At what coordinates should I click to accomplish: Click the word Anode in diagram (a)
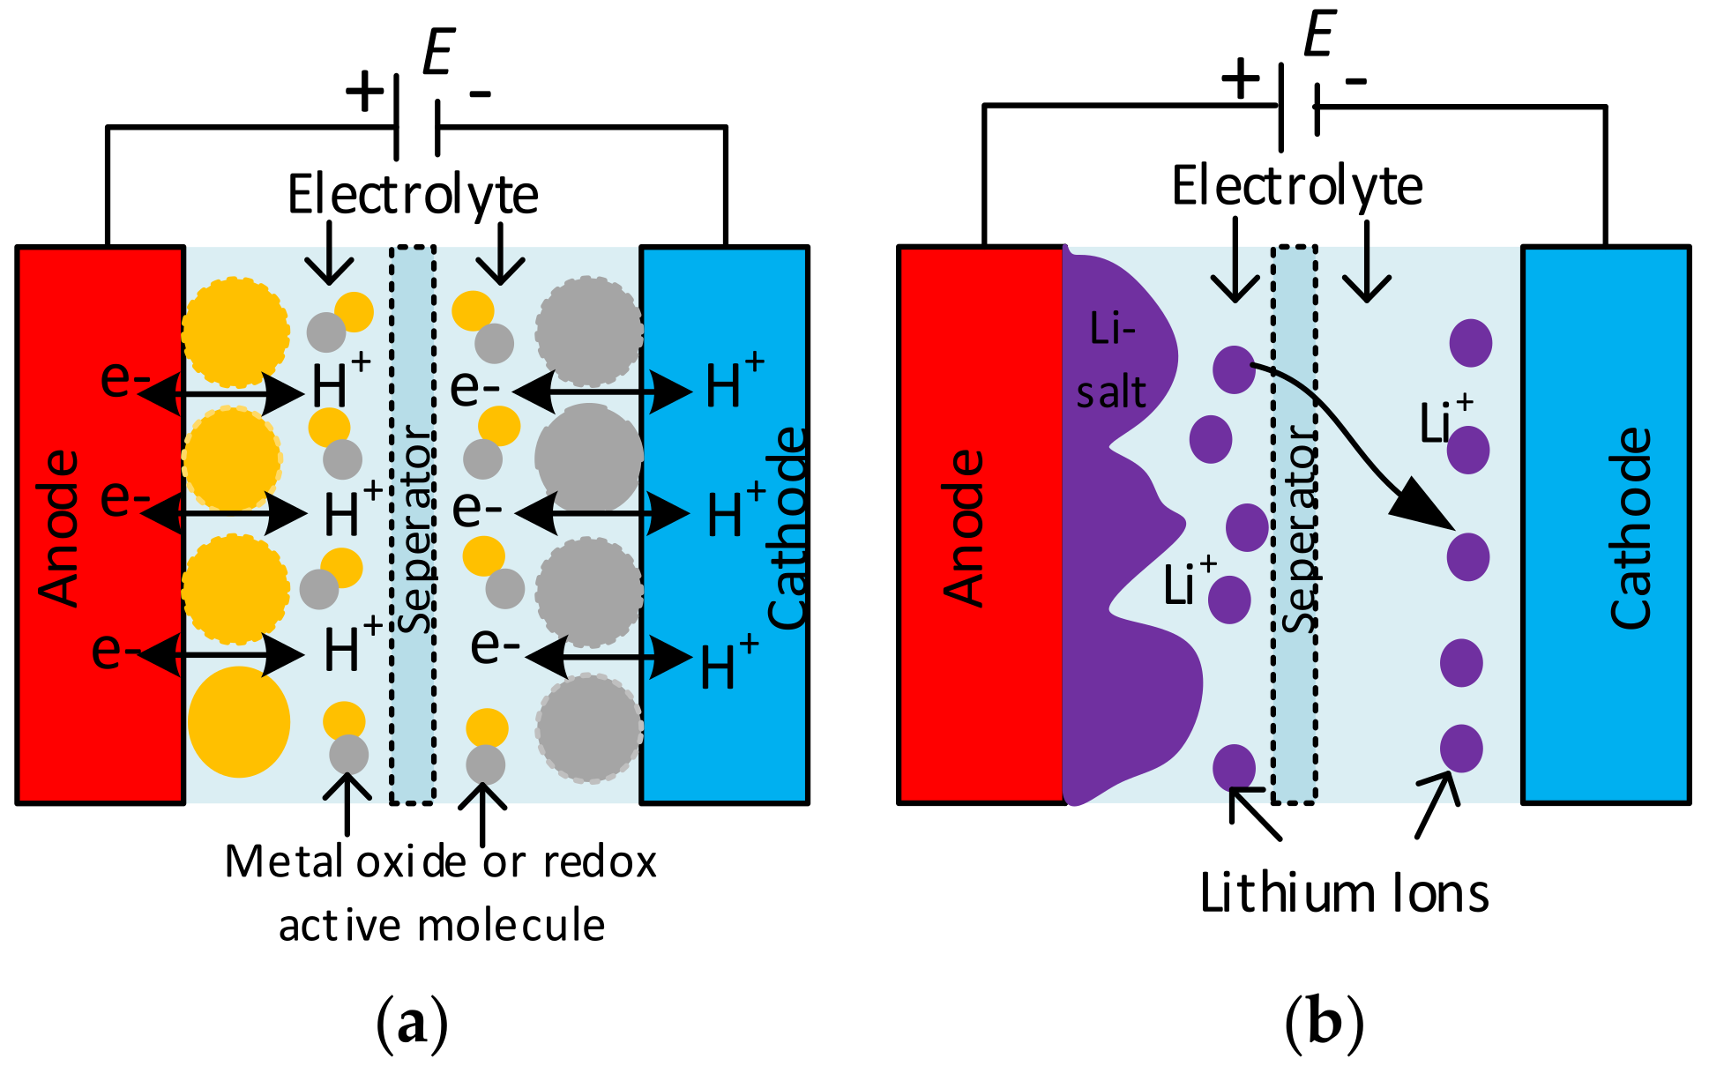[x=58, y=527]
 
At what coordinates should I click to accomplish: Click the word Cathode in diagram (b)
[x=1630, y=527]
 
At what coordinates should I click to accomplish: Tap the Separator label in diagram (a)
[x=414, y=529]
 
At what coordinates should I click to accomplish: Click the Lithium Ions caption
[x=1344, y=893]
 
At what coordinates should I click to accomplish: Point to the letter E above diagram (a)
[x=438, y=53]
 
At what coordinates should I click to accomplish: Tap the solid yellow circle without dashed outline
[x=238, y=722]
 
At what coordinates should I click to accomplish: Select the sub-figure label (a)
[x=412, y=1023]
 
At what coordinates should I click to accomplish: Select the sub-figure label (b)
[x=1324, y=1023]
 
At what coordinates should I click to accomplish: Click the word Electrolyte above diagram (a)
[x=413, y=195]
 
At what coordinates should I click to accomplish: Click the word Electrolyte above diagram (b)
[x=1296, y=186]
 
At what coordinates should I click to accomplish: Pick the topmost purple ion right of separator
[x=1470, y=343]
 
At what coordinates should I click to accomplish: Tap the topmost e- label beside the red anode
[x=124, y=378]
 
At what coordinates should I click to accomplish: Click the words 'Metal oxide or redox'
[x=441, y=861]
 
